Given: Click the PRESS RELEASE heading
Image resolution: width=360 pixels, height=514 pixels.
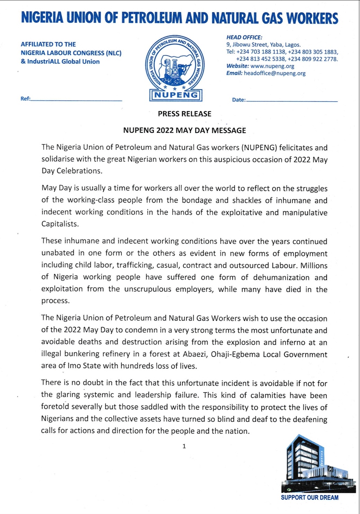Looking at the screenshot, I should (184, 114).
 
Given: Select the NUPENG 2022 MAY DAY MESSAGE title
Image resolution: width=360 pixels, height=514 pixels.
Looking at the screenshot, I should (184, 130).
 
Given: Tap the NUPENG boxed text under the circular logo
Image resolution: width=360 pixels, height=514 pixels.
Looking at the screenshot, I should (176, 95).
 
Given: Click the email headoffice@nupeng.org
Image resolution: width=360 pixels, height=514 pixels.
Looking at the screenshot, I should (274, 73).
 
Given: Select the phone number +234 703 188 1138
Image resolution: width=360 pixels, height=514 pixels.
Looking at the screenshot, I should (261, 52).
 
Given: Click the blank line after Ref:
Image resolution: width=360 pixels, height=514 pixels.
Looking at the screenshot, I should (76, 100).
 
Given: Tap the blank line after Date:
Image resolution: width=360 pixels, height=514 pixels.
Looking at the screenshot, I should (292, 101).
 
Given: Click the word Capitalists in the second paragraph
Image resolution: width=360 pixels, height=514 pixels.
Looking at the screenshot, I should (60, 224).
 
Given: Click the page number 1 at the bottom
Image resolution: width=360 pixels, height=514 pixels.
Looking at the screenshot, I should (184, 446).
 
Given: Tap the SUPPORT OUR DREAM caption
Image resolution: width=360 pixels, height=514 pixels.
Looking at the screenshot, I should (309, 497).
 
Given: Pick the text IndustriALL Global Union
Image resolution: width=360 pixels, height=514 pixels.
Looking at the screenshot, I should (63, 62).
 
